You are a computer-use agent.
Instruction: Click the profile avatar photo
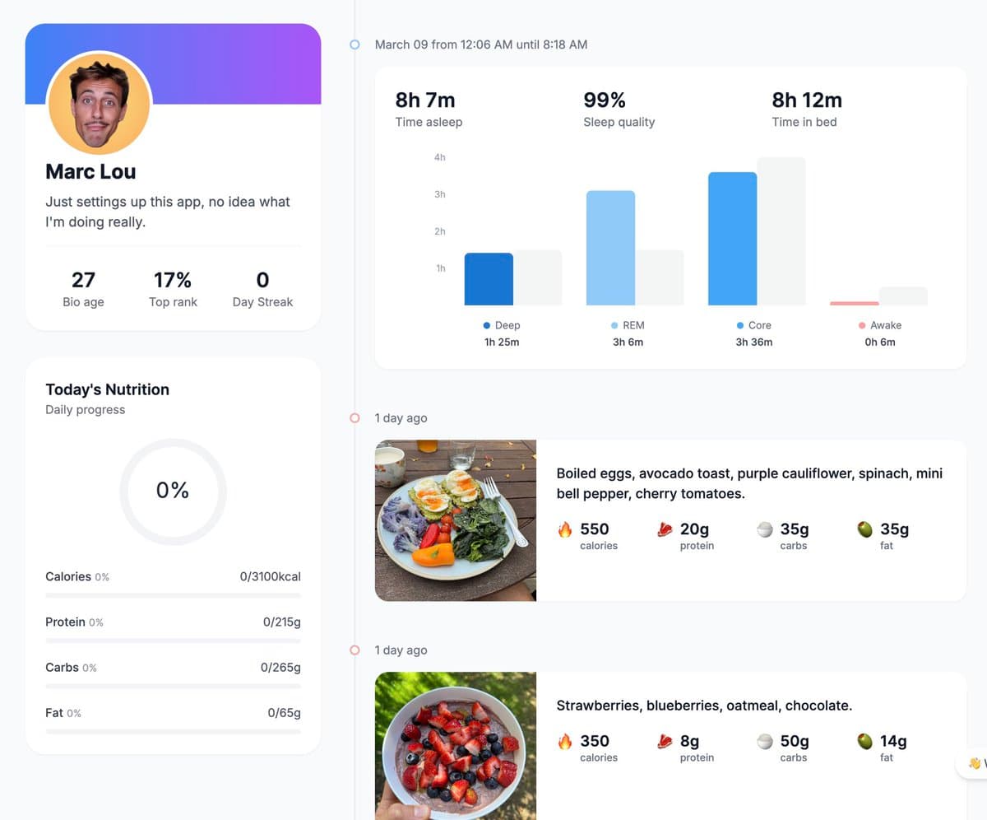click(100, 104)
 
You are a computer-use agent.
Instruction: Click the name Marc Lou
click(90, 171)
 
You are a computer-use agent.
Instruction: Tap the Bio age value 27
click(83, 280)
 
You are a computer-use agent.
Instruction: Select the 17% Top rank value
click(173, 280)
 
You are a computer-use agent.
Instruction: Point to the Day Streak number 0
click(263, 280)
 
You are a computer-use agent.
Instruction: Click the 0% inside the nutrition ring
click(173, 490)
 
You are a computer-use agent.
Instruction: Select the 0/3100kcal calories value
click(270, 576)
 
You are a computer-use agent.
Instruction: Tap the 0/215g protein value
click(282, 622)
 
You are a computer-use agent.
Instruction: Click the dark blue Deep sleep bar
click(489, 279)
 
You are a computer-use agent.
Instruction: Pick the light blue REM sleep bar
click(610, 248)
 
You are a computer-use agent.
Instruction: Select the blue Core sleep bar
click(732, 239)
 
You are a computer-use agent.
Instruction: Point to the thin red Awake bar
click(855, 303)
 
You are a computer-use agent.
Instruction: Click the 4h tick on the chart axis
click(439, 157)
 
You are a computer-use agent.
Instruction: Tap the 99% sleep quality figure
click(605, 100)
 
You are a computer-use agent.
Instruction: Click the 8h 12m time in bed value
click(807, 100)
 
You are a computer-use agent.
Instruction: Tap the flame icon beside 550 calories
click(565, 529)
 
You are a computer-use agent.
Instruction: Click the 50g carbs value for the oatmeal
click(795, 741)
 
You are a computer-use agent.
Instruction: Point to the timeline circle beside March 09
click(354, 44)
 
